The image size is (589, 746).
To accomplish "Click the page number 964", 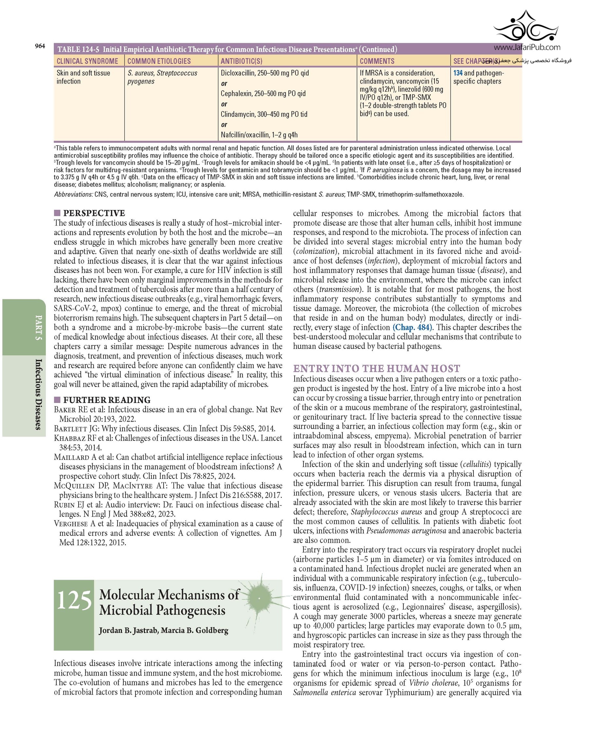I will point(40,46).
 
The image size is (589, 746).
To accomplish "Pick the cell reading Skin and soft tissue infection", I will point(83,77).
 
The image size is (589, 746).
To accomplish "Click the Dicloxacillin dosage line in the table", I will point(264,73).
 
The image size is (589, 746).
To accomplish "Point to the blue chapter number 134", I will point(457,73).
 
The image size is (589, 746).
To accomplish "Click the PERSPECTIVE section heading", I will point(94,213).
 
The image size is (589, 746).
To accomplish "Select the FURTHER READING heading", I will point(107,400).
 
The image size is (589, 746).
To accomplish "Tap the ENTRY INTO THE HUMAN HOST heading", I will point(377,369).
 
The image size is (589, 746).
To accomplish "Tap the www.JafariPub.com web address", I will point(527,47).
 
